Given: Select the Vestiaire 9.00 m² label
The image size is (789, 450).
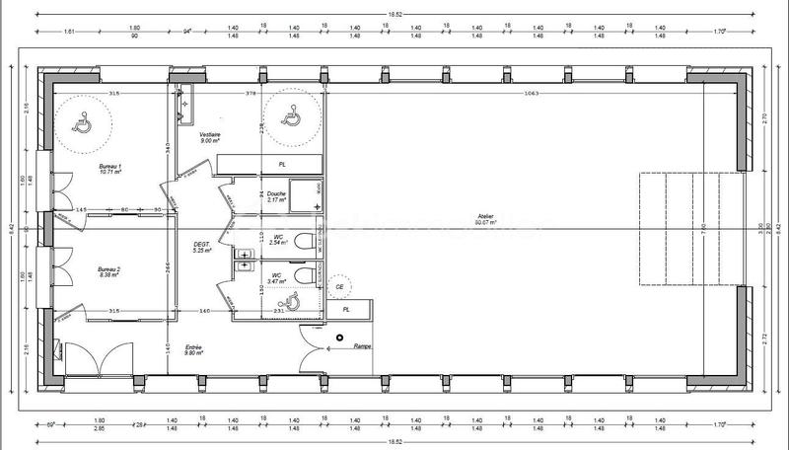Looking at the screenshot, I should point(209,137).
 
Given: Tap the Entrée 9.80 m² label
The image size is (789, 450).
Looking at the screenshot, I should point(193,350).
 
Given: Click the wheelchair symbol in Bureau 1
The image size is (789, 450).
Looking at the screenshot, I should point(82,122).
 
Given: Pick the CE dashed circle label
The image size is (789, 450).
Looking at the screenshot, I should point(340,286).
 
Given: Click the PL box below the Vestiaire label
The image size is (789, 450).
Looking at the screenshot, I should point(282,164).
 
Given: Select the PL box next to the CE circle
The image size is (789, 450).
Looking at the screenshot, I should point(345,310).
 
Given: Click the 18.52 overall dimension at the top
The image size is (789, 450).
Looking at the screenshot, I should point(394,12).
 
